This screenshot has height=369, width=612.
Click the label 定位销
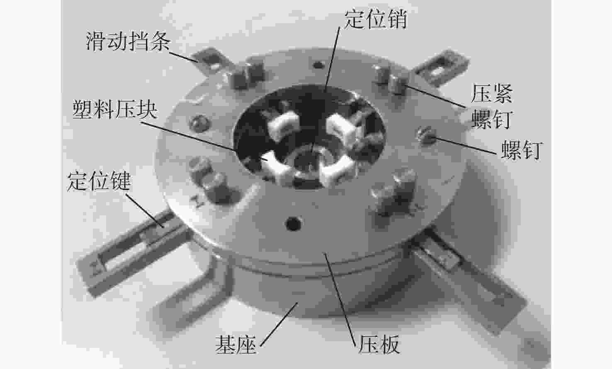(x=375, y=19)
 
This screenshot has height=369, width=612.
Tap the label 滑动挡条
(x=128, y=41)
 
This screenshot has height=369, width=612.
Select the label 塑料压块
(x=115, y=109)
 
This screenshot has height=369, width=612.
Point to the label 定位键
(x=99, y=181)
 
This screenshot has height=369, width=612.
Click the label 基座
(x=236, y=344)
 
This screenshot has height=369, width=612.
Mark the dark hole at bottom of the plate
(x=293, y=224)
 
